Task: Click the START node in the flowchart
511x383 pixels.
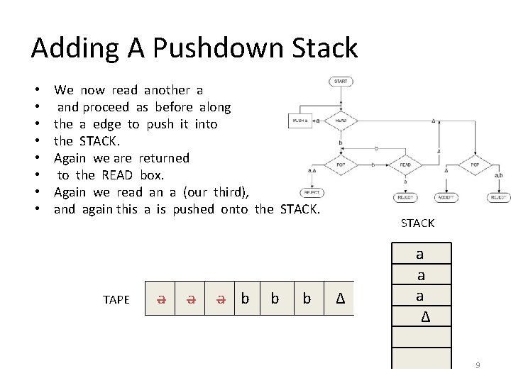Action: pyautogui.click(x=341, y=82)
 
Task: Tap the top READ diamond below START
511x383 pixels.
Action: pyautogui.click(x=341, y=121)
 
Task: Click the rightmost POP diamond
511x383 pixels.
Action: pyautogui.click(x=475, y=165)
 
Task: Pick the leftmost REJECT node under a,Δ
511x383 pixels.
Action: pyautogui.click(x=312, y=192)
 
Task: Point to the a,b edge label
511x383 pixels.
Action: pyautogui.click(x=498, y=174)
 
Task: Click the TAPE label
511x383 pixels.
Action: pyautogui.click(x=116, y=299)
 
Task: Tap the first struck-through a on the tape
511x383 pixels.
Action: pyautogui.click(x=162, y=299)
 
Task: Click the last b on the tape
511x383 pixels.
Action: pyautogui.click(x=307, y=299)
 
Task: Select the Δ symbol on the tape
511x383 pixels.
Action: pyautogui.click(x=339, y=299)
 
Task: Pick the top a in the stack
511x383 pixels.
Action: pyautogui.click(x=419, y=253)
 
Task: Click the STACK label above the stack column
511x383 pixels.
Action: pyautogui.click(x=417, y=223)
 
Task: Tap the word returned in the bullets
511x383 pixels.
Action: pyautogui.click(x=164, y=158)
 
